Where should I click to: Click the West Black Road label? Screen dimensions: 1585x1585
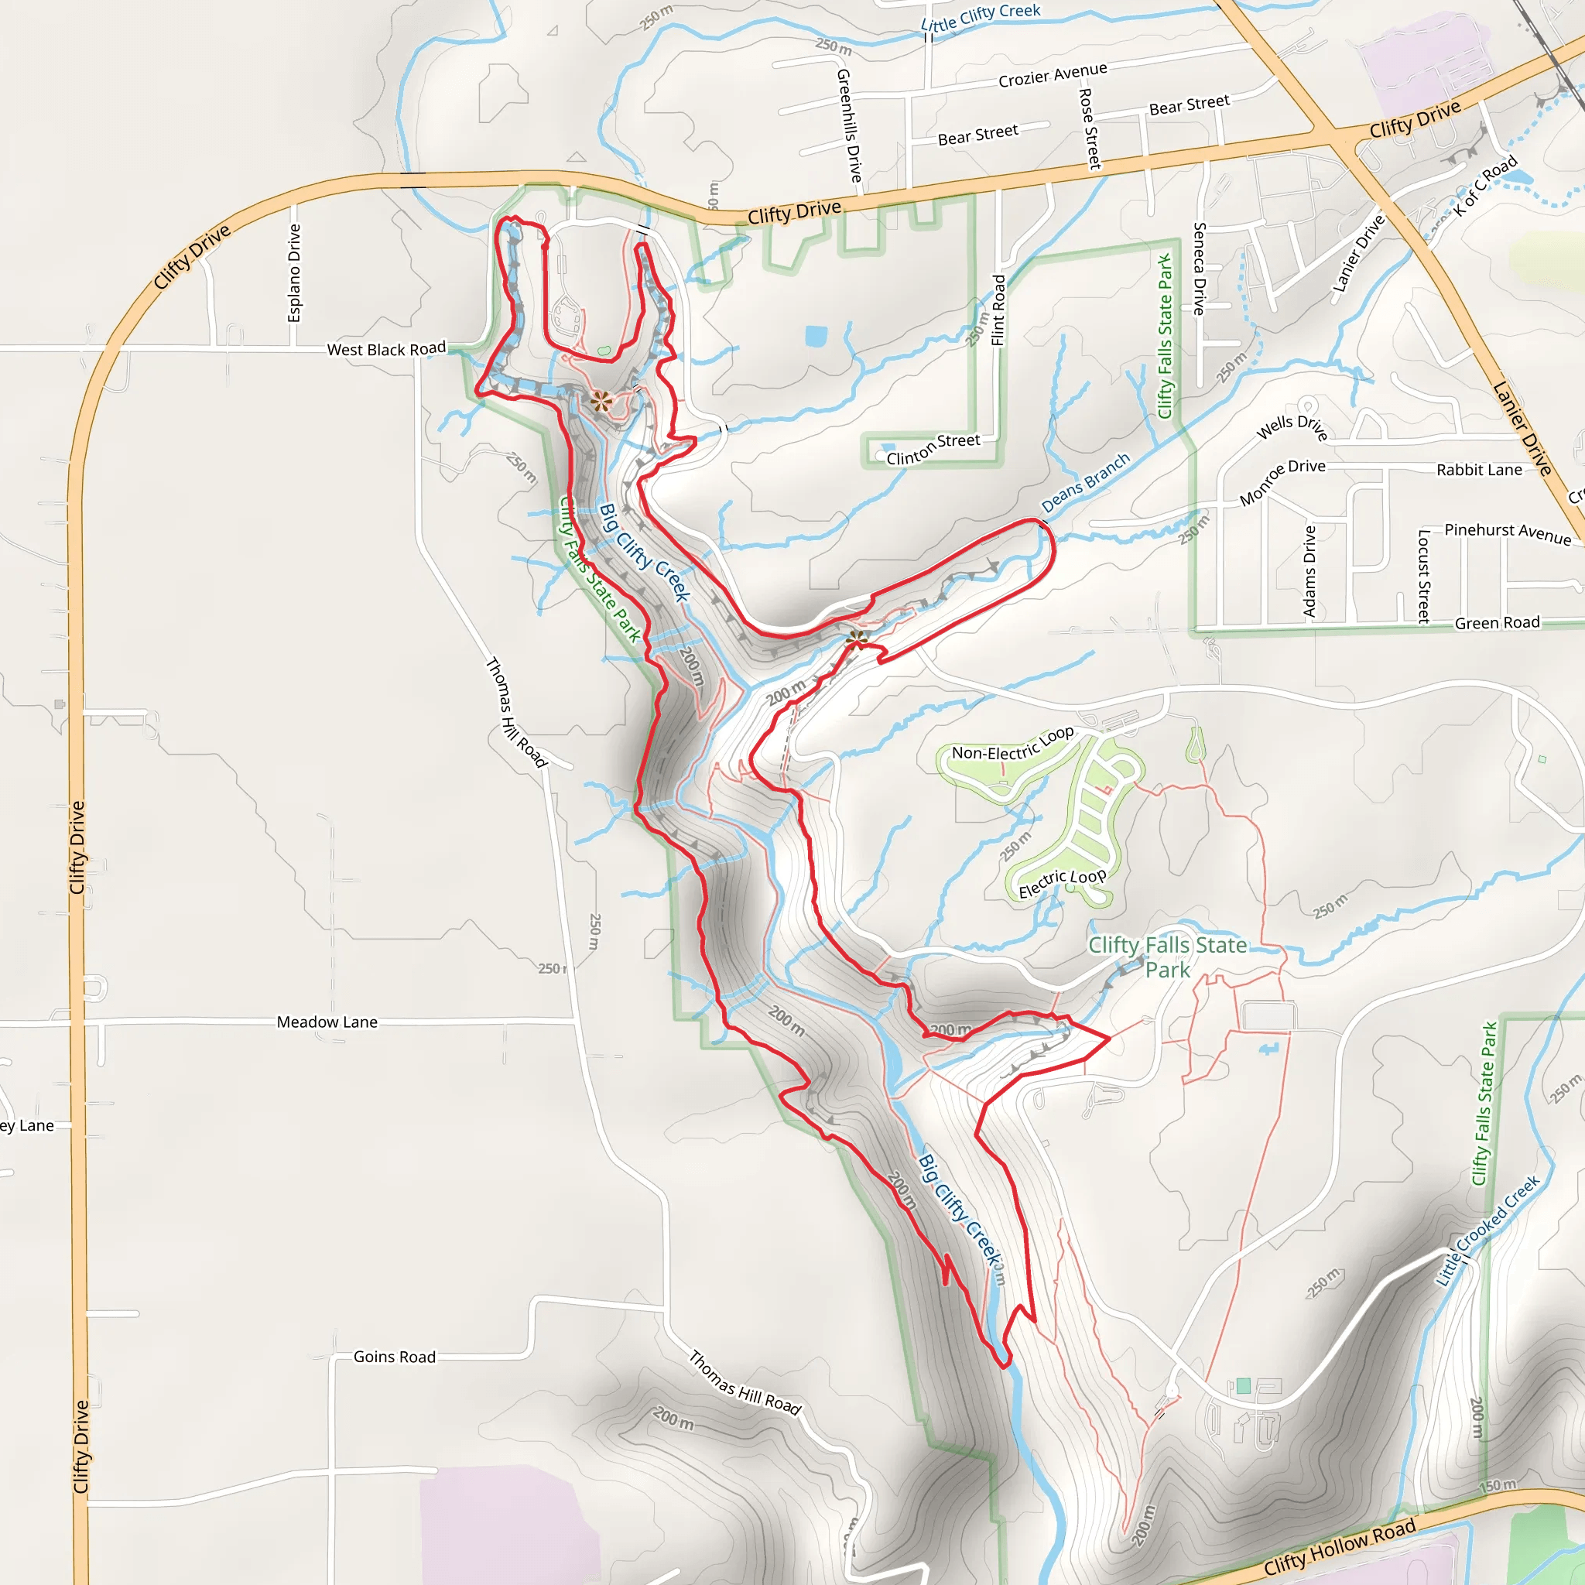(386, 350)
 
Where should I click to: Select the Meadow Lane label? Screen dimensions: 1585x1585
(327, 1022)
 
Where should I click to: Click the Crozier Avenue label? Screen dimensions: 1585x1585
(1053, 74)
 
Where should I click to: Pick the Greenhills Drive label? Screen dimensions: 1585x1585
(850, 125)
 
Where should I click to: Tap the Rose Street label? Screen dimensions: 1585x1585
(1090, 128)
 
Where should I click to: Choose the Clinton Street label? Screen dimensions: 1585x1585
(933, 449)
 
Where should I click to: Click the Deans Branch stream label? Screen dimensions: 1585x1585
(1085, 482)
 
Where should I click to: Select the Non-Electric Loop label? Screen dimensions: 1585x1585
(1012, 743)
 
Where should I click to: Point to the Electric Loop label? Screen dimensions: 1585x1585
(1063, 884)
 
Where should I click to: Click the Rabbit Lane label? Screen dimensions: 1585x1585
(1479, 470)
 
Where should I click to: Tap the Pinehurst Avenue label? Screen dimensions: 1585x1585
(1508, 533)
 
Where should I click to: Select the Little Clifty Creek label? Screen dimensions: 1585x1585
(981, 17)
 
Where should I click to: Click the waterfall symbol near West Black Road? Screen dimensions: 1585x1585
(601, 401)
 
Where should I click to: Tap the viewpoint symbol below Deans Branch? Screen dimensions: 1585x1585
(858, 639)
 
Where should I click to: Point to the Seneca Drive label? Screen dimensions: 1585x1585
(1200, 269)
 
